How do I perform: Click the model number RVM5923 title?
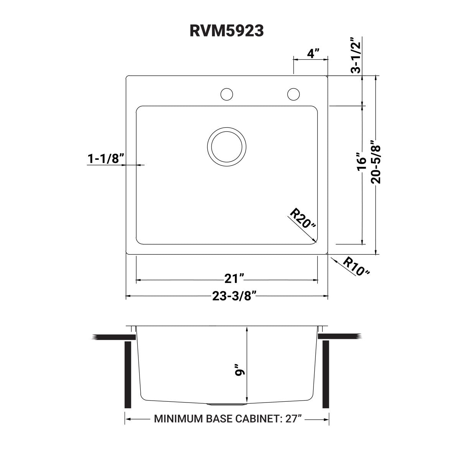pyautogui.click(x=227, y=31)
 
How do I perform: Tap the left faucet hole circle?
pyautogui.click(x=227, y=94)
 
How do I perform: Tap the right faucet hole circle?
pyautogui.click(x=293, y=94)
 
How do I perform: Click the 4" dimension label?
pyautogui.click(x=313, y=53)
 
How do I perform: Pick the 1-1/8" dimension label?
pyautogui.click(x=106, y=158)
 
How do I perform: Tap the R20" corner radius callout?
pyautogui.click(x=303, y=219)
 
